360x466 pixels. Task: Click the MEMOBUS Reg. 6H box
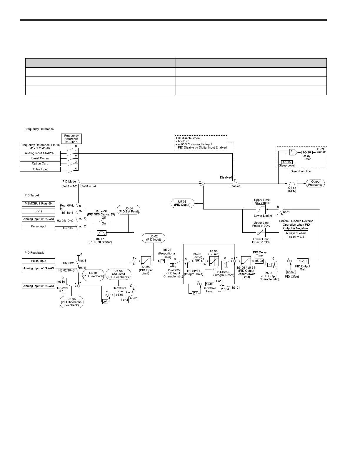pyautogui.click(x=39, y=204)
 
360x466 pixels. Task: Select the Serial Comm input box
pyautogui.click(x=40, y=158)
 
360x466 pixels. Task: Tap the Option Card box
pyautogui.click(x=40, y=164)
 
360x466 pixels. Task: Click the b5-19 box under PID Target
pyautogui.click(x=39, y=211)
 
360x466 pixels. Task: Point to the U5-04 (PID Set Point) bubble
pyautogui.click(x=129, y=210)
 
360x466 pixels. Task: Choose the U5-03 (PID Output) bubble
pyautogui.click(x=182, y=203)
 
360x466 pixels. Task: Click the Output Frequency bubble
pyautogui.click(x=315, y=183)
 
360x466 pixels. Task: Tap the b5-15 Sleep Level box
pyautogui.click(x=286, y=162)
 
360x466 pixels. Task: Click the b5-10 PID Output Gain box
pyautogui.click(x=302, y=261)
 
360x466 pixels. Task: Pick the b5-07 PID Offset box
pyautogui.click(x=291, y=272)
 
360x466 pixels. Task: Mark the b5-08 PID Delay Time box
pyautogui.click(x=259, y=261)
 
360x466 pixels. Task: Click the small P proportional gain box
pyautogui.click(x=162, y=261)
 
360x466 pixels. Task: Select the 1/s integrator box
pyautogui.click(x=197, y=261)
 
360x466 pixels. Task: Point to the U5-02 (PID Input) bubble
pyautogui.click(x=153, y=238)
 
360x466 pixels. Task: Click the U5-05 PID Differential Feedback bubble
pyautogui.click(x=71, y=302)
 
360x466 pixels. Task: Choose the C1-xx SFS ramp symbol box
pyautogui.click(x=292, y=184)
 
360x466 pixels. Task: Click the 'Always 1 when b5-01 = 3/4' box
pyautogui.click(x=296, y=235)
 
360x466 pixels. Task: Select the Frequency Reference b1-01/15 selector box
pyautogui.click(x=71, y=139)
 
